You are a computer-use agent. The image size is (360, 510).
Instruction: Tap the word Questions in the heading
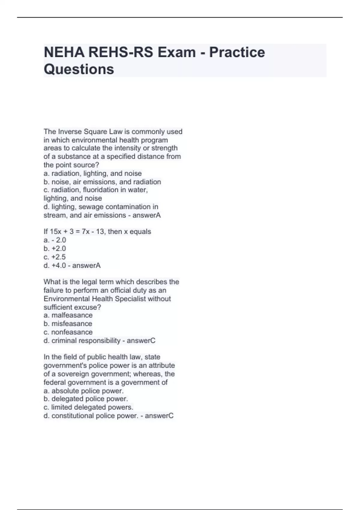[79, 69]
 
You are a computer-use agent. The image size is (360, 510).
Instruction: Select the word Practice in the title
[237, 52]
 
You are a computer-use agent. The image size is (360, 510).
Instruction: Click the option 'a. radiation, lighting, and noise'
[93, 173]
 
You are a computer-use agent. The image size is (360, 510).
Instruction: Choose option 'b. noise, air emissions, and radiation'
[102, 182]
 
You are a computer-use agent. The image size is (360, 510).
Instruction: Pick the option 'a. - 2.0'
[55, 240]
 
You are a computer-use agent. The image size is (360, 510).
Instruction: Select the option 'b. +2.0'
[55, 248]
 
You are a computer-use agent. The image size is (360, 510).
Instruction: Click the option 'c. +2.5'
[55, 257]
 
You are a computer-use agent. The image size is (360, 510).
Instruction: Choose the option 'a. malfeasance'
[68, 315]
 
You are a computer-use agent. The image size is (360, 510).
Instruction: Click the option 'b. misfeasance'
[68, 324]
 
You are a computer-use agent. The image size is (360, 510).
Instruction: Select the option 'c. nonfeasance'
[68, 332]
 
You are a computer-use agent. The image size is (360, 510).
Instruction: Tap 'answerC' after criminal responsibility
[141, 341]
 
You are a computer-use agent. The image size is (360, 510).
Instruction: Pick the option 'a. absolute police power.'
[84, 391]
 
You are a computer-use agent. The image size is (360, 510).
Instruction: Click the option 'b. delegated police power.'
[86, 399]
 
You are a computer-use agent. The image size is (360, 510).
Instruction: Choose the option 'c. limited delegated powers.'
[88, 407]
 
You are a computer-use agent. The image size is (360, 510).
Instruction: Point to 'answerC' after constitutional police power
[159, 416]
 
